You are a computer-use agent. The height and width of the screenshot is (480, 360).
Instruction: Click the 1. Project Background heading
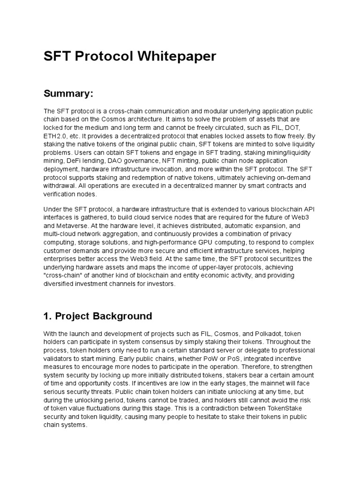point(97,316)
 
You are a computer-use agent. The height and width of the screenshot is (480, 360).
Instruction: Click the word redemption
point(143,178)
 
